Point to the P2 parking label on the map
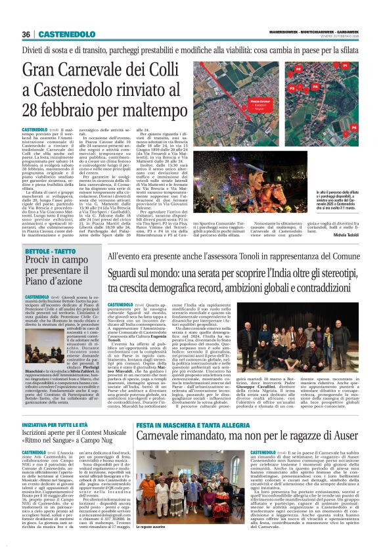point(297,68)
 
